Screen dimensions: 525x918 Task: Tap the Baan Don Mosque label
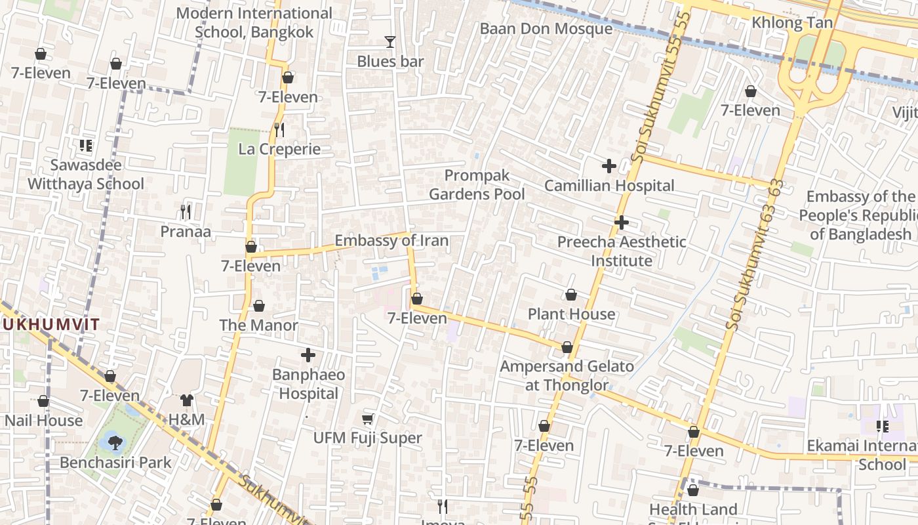[x=546, y=29]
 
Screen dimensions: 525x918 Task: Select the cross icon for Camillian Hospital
[x=609, y=166]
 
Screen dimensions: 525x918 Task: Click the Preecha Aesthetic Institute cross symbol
[x=622, y=222]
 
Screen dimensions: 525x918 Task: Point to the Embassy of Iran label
[x=391, y=241]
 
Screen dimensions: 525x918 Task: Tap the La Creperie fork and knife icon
[x=279, y=130]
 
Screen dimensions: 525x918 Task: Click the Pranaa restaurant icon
[x=186, y=212]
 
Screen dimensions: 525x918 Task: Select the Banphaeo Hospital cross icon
[x=308, y=356]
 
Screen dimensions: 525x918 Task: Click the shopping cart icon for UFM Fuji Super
[x=368, y=419]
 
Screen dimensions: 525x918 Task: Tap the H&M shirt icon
[x=187, y=400]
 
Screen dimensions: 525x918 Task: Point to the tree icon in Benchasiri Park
[x=115, y=442]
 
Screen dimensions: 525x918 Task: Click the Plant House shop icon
[x=571, y=295]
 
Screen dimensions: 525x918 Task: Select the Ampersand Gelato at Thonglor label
[x=567, y=376]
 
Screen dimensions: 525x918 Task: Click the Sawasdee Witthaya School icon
[x=86, y=146]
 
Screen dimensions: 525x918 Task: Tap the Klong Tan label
[x=792, y=23]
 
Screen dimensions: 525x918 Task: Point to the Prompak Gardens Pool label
[x=477, y=185]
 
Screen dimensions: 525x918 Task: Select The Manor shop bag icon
[x=259, y=306]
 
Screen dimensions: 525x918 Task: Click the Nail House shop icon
[x=43, y=401]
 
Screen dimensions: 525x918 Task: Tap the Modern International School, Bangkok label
[x=254, y=22]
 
